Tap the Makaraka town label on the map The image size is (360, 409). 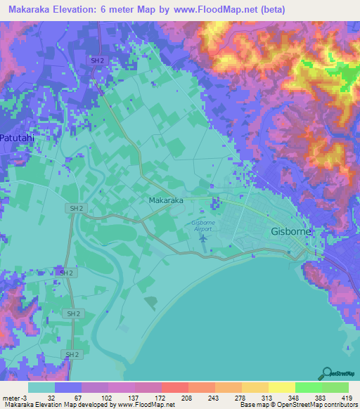click(x=166, y=200)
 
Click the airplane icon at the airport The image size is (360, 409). click(x=203, y=238)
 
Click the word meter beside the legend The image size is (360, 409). click(x=11, y=397)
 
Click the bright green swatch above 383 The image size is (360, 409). click(x=308, y=387)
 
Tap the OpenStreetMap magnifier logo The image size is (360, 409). click(x=327, y=372)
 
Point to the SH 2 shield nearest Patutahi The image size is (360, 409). click(x=76, y=209)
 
